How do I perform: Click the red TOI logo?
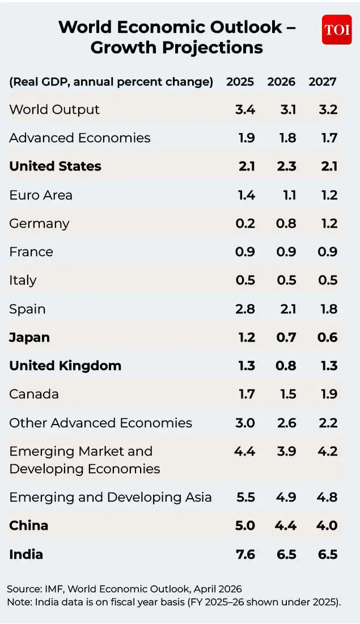click(x=337, y=29)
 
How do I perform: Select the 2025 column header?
click(x=240, y=82)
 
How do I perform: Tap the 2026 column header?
click(x=281, y=82)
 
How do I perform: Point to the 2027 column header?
click(x=323, y=82)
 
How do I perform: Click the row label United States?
click(x=55, y=166)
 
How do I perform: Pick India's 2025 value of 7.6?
click(x=245, y=554)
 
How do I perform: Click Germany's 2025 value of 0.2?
click(x=245, y=223)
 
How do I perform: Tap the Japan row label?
click(x=29, y=337)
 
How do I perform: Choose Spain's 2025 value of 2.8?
click(x=245, y=309)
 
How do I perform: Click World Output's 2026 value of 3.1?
click(x=287, y=109)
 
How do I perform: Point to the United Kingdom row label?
click(x=65, y=366)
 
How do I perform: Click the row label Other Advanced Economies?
click(x=100, y=423)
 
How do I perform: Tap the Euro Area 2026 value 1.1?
click(x=289, y=195)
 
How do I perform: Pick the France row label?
click(x=31, y=252)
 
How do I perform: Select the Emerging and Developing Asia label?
click(x=111, y=497)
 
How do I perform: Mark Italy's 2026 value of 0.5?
click(x=286, y=280)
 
